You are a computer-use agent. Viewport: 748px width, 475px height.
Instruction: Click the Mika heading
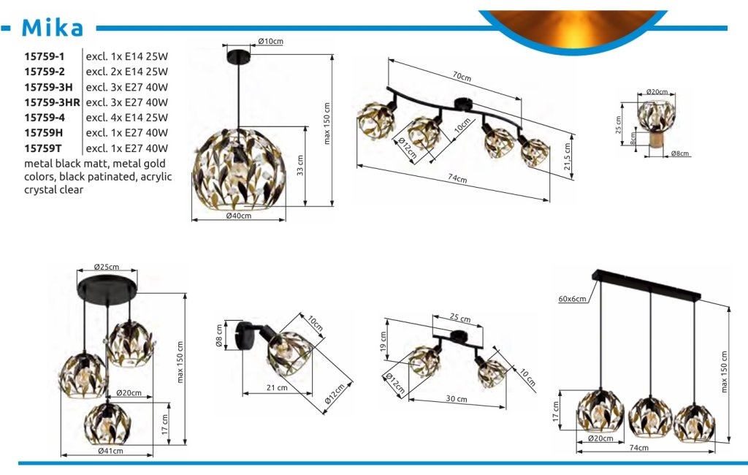(x=53, y=28)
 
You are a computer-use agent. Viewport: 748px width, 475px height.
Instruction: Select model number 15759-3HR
(x=52, y=102)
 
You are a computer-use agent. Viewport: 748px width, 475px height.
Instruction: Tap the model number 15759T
(x=43, y=148)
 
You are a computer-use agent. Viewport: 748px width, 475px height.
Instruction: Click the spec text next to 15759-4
(x=127, y=118)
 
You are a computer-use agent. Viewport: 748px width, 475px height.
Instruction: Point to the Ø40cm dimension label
(x=239, y=216)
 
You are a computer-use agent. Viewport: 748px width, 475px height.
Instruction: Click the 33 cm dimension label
(x=300, y=165)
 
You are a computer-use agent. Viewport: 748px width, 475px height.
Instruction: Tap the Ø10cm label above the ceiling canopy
(x=270, y=41)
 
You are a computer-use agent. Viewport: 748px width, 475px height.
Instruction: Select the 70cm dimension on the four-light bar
(x=462, y=77)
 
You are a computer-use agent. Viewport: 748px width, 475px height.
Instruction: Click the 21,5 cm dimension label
(x=567, y=156)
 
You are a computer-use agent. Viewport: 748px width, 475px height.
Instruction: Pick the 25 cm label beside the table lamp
(x=618, y=125)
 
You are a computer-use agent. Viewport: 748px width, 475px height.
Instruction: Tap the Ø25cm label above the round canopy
(x=107, y=267)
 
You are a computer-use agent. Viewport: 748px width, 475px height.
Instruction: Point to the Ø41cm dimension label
(x=111, y=451)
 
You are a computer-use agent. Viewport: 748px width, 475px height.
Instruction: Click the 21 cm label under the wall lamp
(x=277, y=387)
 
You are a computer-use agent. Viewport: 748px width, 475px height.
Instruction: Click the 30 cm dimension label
(x=457, y=398)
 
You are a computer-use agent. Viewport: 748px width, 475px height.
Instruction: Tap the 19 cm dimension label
(x=383, y=342)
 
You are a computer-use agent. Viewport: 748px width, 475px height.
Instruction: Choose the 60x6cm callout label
(x=573, y=299)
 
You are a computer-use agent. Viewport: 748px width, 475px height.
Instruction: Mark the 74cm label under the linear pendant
(x=638, y=448)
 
